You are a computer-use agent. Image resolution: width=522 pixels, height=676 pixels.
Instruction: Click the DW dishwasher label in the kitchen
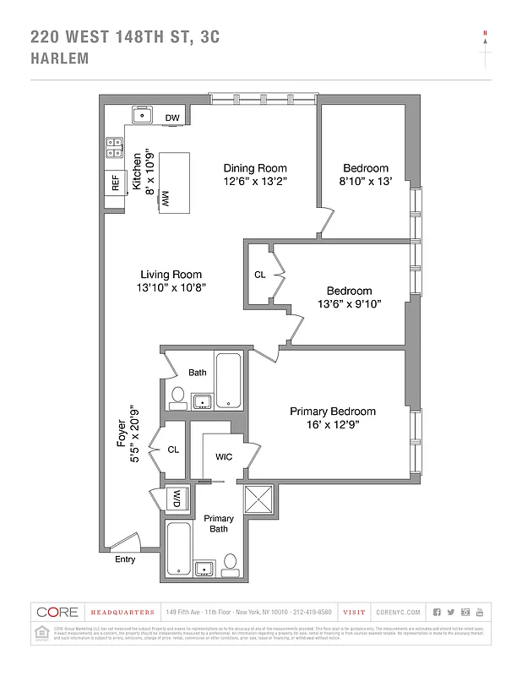172,117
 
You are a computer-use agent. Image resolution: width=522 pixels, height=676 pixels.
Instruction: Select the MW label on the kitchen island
166,197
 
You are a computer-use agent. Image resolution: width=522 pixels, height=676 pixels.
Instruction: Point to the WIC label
224,456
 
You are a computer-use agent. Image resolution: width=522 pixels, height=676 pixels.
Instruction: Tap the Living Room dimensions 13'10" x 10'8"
171,288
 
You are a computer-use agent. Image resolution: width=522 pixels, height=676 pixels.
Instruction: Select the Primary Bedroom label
333,412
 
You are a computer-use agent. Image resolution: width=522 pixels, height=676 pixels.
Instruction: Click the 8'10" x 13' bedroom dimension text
367,182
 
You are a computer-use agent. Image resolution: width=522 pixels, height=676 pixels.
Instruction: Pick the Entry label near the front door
124,559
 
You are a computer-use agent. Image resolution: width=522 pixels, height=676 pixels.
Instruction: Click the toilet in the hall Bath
178,395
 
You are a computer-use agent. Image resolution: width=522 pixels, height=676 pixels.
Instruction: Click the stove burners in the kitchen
113,148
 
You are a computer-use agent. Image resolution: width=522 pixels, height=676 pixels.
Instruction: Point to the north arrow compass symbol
485,47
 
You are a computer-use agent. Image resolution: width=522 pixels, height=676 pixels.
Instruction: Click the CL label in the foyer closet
173,450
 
